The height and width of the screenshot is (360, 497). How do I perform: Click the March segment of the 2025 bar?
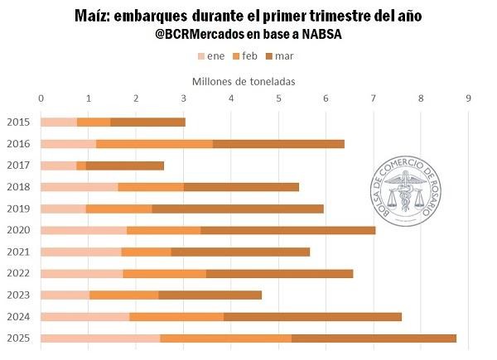click(374, 338)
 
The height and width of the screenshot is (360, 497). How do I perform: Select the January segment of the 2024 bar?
click(84, 316)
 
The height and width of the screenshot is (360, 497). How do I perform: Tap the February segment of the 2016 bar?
click(154, 144)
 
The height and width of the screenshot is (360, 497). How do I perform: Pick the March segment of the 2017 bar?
click(124, 166)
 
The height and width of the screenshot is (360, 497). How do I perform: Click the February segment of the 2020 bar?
click(164, 230)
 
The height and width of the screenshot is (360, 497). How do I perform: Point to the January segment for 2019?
click(63, 209)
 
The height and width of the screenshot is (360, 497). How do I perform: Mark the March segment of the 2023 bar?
click(210, 295)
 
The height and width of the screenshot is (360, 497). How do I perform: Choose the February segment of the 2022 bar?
click(164, 273)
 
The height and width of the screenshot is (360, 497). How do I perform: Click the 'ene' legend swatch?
click(201, 56)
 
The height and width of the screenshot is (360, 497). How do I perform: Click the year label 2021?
click(18, 252)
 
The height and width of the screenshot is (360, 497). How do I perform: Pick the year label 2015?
click(18, 122)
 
